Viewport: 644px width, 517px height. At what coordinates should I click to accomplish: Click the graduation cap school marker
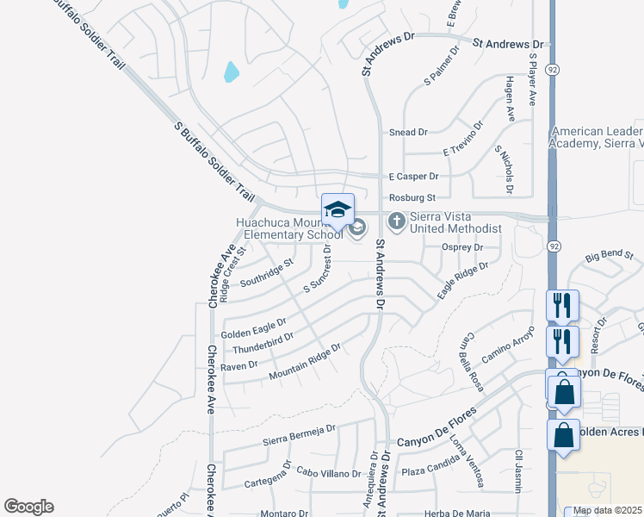tap(338, 209)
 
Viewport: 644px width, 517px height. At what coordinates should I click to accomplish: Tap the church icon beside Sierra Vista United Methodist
tap(396, 221)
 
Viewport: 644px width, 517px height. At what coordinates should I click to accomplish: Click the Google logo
tap(28, 507)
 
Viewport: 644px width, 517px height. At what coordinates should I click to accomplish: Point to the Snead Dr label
tap(408, 133)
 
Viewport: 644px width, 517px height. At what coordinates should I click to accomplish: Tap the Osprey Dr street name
tap(463, 247)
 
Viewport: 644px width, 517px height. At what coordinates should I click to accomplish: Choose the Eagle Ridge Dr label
tap(462, 280)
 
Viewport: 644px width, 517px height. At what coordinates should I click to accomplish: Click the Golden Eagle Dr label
tap(253, 328)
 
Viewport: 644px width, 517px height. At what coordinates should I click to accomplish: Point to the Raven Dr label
tap(239, 365)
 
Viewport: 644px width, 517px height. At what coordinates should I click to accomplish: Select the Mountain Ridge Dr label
tap(305, 362)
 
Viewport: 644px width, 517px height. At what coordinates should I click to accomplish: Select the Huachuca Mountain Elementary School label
tap(289, 228)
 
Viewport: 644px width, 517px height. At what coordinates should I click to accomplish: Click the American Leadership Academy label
tap(597, 138)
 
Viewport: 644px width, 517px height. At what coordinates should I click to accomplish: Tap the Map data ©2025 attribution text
tap(608, 510)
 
